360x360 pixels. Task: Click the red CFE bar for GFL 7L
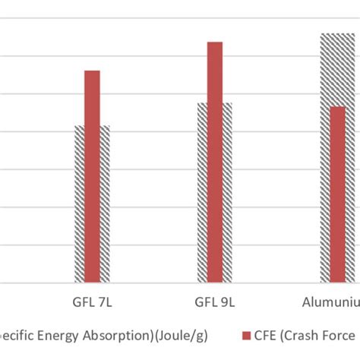point(92,175)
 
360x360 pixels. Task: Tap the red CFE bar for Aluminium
point(337,194)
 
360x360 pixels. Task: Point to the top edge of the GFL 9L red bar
point(215,43)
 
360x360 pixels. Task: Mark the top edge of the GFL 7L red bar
point(92,71)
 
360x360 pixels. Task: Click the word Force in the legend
point(339,334)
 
